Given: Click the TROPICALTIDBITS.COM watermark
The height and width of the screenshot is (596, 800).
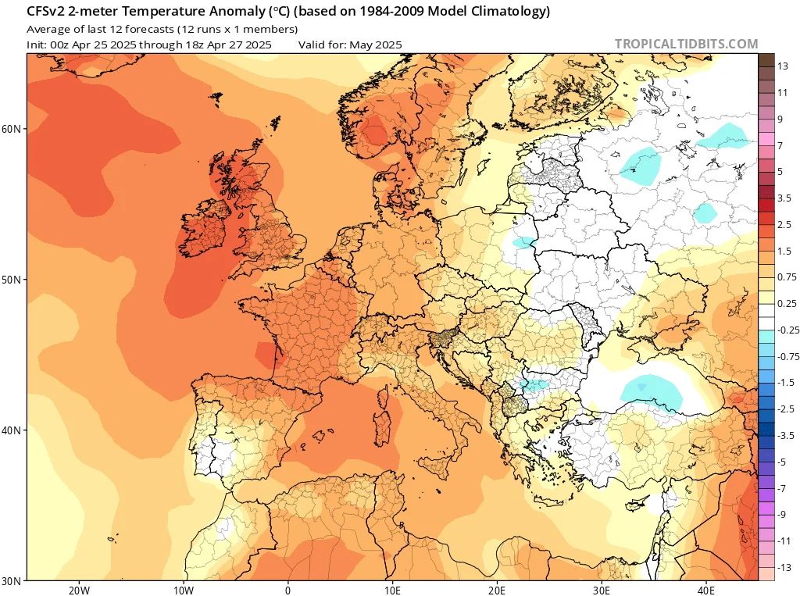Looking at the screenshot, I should (686, 44).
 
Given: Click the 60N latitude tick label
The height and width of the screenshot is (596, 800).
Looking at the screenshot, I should (12, 129).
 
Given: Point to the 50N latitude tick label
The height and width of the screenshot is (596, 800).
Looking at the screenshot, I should (12, 280).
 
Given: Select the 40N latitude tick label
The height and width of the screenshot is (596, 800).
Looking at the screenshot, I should (12, 430).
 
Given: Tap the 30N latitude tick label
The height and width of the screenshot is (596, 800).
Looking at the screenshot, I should (12, 580).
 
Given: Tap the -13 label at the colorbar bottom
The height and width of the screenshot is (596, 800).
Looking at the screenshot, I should (785, 567).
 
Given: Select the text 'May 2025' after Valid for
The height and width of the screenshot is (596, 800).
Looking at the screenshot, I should (376, 45).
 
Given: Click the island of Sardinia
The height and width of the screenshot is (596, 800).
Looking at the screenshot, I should (384, 431).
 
